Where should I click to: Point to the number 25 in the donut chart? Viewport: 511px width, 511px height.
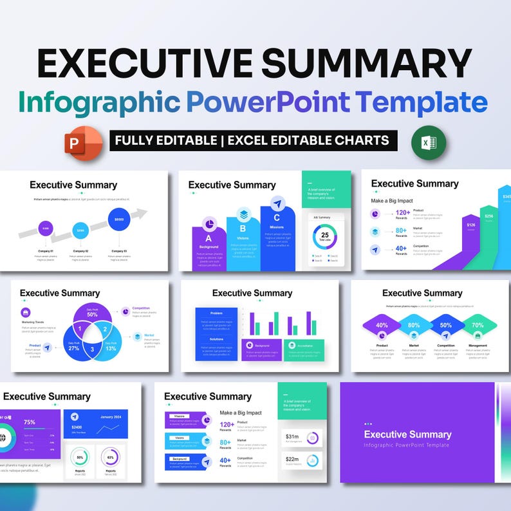coord(325,236)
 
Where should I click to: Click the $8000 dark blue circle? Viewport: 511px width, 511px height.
coord(118,220)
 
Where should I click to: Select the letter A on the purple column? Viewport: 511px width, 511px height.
coord(209,239)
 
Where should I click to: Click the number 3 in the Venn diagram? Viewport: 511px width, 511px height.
coord(92,349)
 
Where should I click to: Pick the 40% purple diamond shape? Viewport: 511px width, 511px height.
coord(382,325)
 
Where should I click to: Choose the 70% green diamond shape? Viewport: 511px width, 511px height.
coord(478,325)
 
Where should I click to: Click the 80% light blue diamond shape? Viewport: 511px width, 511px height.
coord(413,325)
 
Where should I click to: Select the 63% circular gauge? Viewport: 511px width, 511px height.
coord(111,458)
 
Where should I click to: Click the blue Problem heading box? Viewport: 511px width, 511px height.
coord(216,313)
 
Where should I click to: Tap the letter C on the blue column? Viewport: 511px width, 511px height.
coord(277,218)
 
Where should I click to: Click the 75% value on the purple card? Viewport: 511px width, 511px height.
coord(30,422)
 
